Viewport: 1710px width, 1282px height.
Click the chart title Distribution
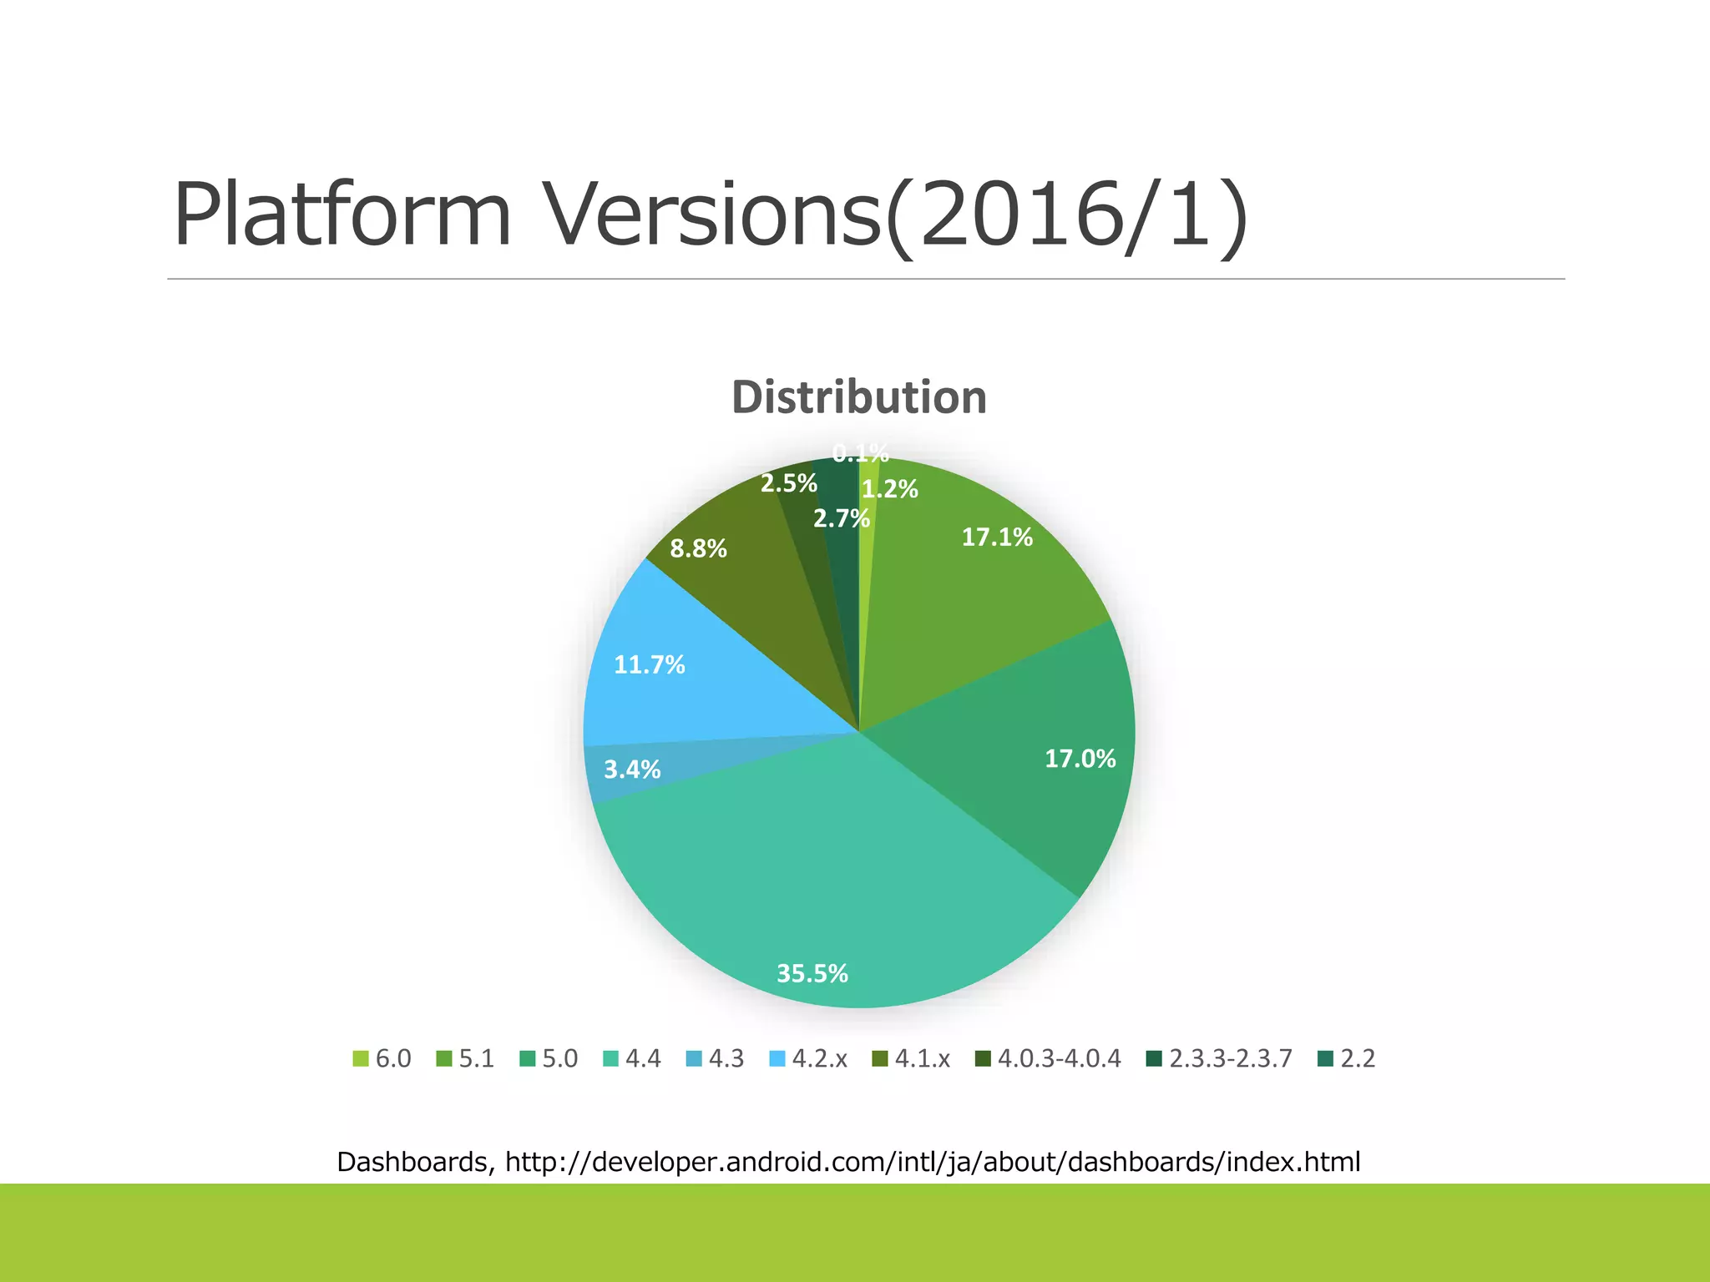859,397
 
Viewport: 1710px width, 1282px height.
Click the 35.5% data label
812,973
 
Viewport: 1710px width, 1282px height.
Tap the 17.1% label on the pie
996,537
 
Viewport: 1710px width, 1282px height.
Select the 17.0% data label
1080,759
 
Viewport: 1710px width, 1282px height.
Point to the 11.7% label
649,664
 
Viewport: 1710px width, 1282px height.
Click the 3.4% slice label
632,770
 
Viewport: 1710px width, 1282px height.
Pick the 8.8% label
698,548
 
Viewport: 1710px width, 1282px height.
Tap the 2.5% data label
788,483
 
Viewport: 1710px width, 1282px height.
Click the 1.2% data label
890,489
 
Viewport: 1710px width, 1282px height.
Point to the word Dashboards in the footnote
412,1161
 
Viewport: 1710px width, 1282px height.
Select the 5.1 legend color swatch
444,1058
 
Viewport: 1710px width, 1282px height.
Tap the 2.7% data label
842,519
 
